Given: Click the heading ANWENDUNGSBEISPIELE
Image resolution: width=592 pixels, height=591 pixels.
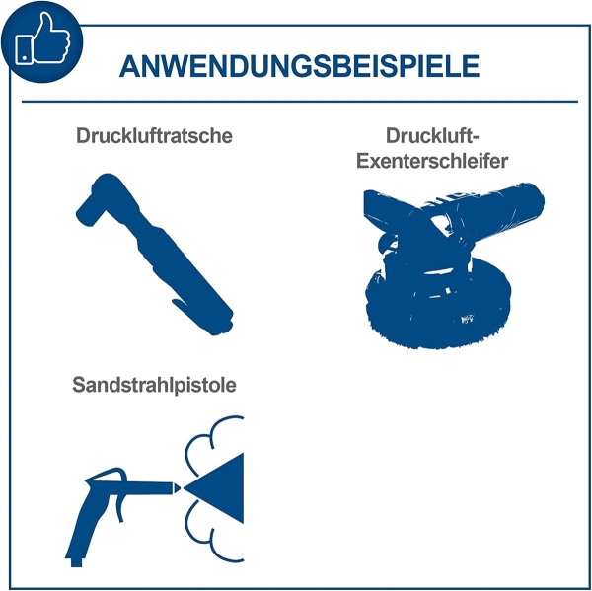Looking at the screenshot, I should point(298,65).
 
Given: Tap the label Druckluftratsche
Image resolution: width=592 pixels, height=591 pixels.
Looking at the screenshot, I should point(154,136).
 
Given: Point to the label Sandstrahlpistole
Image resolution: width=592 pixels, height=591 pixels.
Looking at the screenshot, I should point(155,385).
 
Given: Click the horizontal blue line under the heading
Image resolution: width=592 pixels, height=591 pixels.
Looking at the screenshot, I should point(299,102).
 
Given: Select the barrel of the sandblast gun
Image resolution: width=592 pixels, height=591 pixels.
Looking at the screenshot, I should point(138,485).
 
